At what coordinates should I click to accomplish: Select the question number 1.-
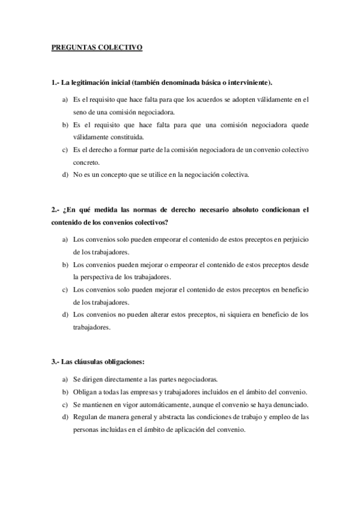point(55,82)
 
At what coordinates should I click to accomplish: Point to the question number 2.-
point(55,210)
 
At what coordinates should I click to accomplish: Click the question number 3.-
point(55,362)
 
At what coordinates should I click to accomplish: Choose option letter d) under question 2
point(64,315)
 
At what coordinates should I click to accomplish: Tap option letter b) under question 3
point(64,392)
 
